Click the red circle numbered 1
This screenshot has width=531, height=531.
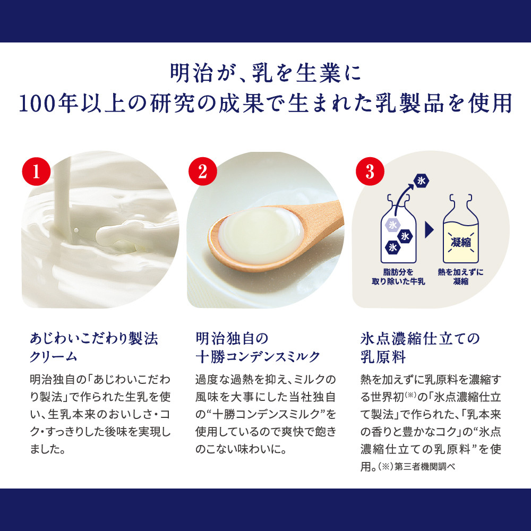(x=36, y=172)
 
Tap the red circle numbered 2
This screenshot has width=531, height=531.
(x=202, y=172)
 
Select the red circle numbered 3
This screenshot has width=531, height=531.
(x=370, y=172)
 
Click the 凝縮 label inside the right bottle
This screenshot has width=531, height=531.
(x=460, y=242)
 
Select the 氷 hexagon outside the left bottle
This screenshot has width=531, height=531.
(x=421, y=181)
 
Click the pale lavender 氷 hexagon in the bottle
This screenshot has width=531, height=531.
(x=392, y=225)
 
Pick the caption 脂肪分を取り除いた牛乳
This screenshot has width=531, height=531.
(x=398, y=277)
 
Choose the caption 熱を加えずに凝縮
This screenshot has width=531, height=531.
(x=460, y=277)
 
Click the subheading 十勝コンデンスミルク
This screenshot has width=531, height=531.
(x=258, y=357)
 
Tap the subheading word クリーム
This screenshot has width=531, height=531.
(x=54, y=357)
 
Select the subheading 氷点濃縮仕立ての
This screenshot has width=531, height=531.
(x=420, y=339)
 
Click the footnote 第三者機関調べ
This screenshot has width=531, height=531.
(x=425, y=467)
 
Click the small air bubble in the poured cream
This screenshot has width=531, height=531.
(x=76, y=230)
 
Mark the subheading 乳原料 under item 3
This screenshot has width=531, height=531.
(x=383, y=357)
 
